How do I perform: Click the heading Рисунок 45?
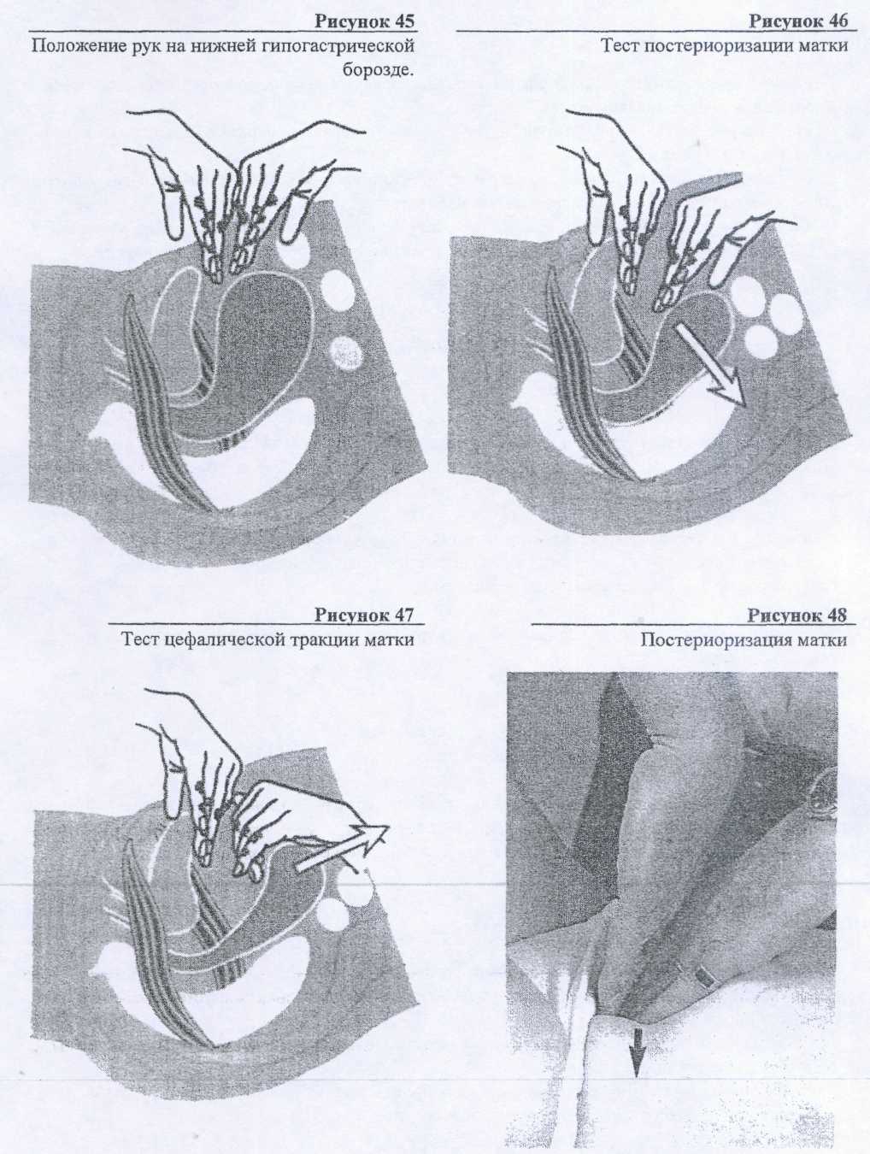coord(364,21)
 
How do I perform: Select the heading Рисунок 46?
coord(798,21)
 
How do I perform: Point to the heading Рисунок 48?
coord(798,615)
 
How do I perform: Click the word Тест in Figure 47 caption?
coord(140,640)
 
